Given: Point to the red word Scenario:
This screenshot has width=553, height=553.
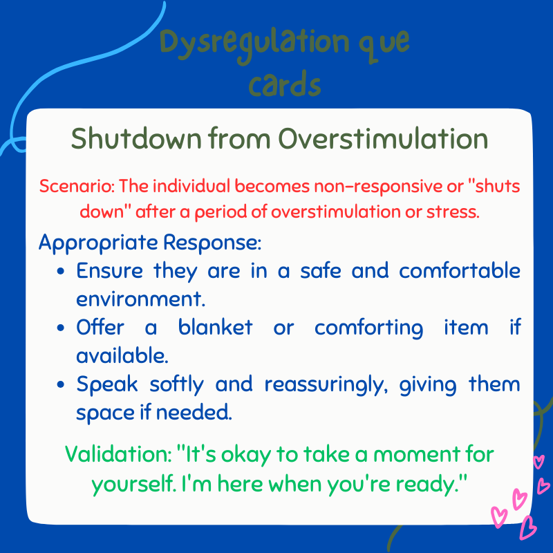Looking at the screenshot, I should click(76, 187).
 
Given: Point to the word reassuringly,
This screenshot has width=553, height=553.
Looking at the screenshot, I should click(325, 384).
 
